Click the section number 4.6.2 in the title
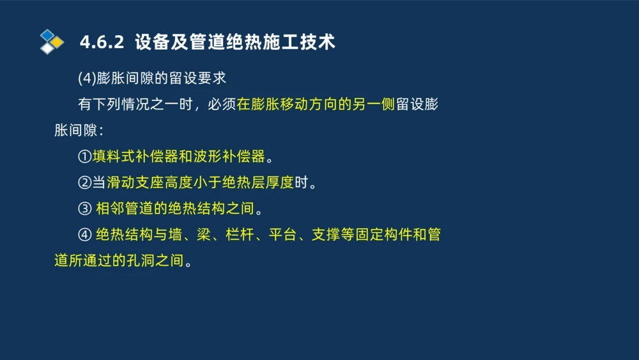(x=101, y=42)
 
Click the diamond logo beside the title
(x=51, y=42)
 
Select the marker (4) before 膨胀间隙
(x=86, y=79)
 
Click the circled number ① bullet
(x=85, y=157)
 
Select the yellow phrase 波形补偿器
(x=229, y=157)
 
